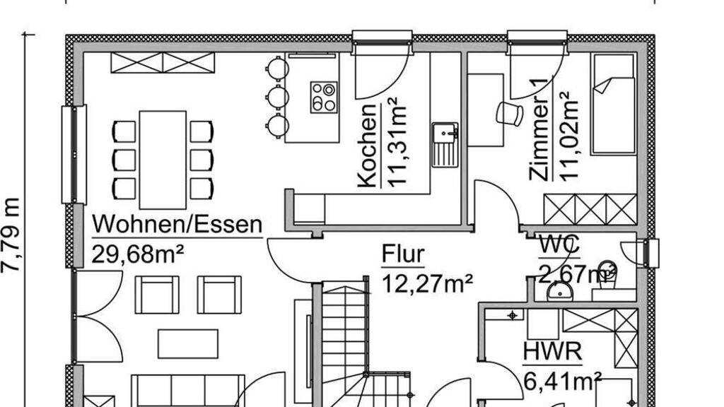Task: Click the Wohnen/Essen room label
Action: point(177,225)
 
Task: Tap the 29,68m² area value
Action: point(138,254)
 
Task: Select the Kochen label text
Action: point(367,146)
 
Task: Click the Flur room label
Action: point(403,254)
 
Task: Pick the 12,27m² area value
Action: point(428,283)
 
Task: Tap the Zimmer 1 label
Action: point(539,130)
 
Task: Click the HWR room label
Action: point(552,352)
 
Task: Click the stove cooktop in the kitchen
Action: point(324,97)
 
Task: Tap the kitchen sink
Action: point(445,144)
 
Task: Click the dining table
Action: point(163,160)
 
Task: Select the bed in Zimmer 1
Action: point(613,104)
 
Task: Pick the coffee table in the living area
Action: point(188,344)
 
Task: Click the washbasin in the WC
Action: point(560,291)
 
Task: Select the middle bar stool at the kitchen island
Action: point(277,97)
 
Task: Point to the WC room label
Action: point(559,244)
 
